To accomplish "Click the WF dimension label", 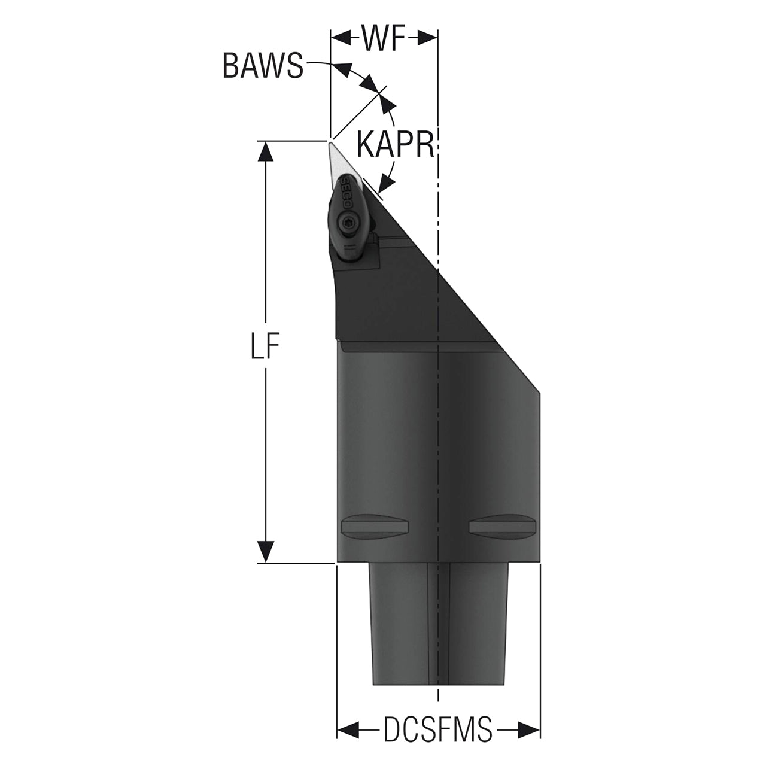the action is pyautogui.click(x=383, y=39).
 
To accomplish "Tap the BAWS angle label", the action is pyautogui.click(x=263, y=66).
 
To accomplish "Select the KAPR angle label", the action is pyautogui.click(x=395, y=144).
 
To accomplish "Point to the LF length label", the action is pyautogui.click(x=265, y=345).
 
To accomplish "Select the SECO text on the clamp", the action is pyautogui.click(x=346, y=193).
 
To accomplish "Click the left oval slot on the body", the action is pyautogui.click(x=375, y=527).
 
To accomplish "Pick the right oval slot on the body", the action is pyautogui.click(x=503, y=527).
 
